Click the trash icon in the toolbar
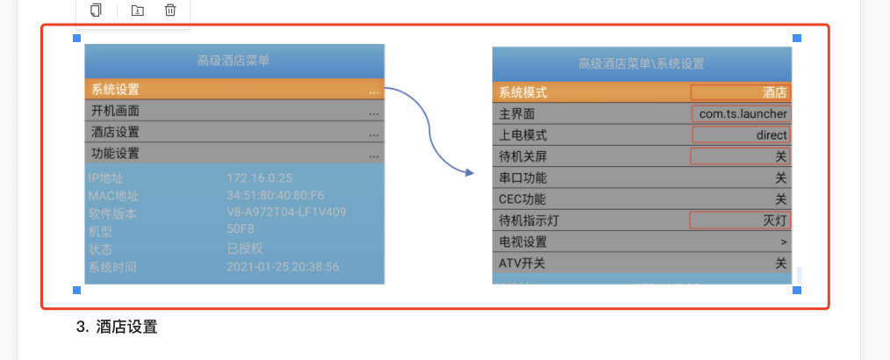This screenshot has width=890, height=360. coord(170,11)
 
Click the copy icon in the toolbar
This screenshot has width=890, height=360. coord(97,11)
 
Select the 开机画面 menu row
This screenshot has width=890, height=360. coord(234,112)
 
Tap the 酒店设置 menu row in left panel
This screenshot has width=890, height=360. coord(234,133)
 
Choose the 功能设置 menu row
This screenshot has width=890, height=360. coord(234,154)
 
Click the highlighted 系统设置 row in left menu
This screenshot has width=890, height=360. coord(234,90)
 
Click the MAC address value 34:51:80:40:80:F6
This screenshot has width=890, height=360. coord(275,195)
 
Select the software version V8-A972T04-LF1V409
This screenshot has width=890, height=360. coord(285,212)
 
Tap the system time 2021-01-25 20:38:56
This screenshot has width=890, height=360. coord(283,266)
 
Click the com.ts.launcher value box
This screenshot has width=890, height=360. coord(741,113)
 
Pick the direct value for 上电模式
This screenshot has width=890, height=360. coord(741,135)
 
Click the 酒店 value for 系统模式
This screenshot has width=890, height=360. coord(741,92)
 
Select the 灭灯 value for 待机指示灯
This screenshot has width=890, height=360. coord(741,220)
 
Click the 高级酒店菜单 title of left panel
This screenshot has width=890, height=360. coord(233,61)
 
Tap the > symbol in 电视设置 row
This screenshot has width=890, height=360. coord(783,241)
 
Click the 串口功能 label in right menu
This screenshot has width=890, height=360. coord(524,177)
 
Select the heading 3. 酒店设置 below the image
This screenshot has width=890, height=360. coord(117,328)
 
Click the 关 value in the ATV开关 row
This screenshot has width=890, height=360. coord(780,263)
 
